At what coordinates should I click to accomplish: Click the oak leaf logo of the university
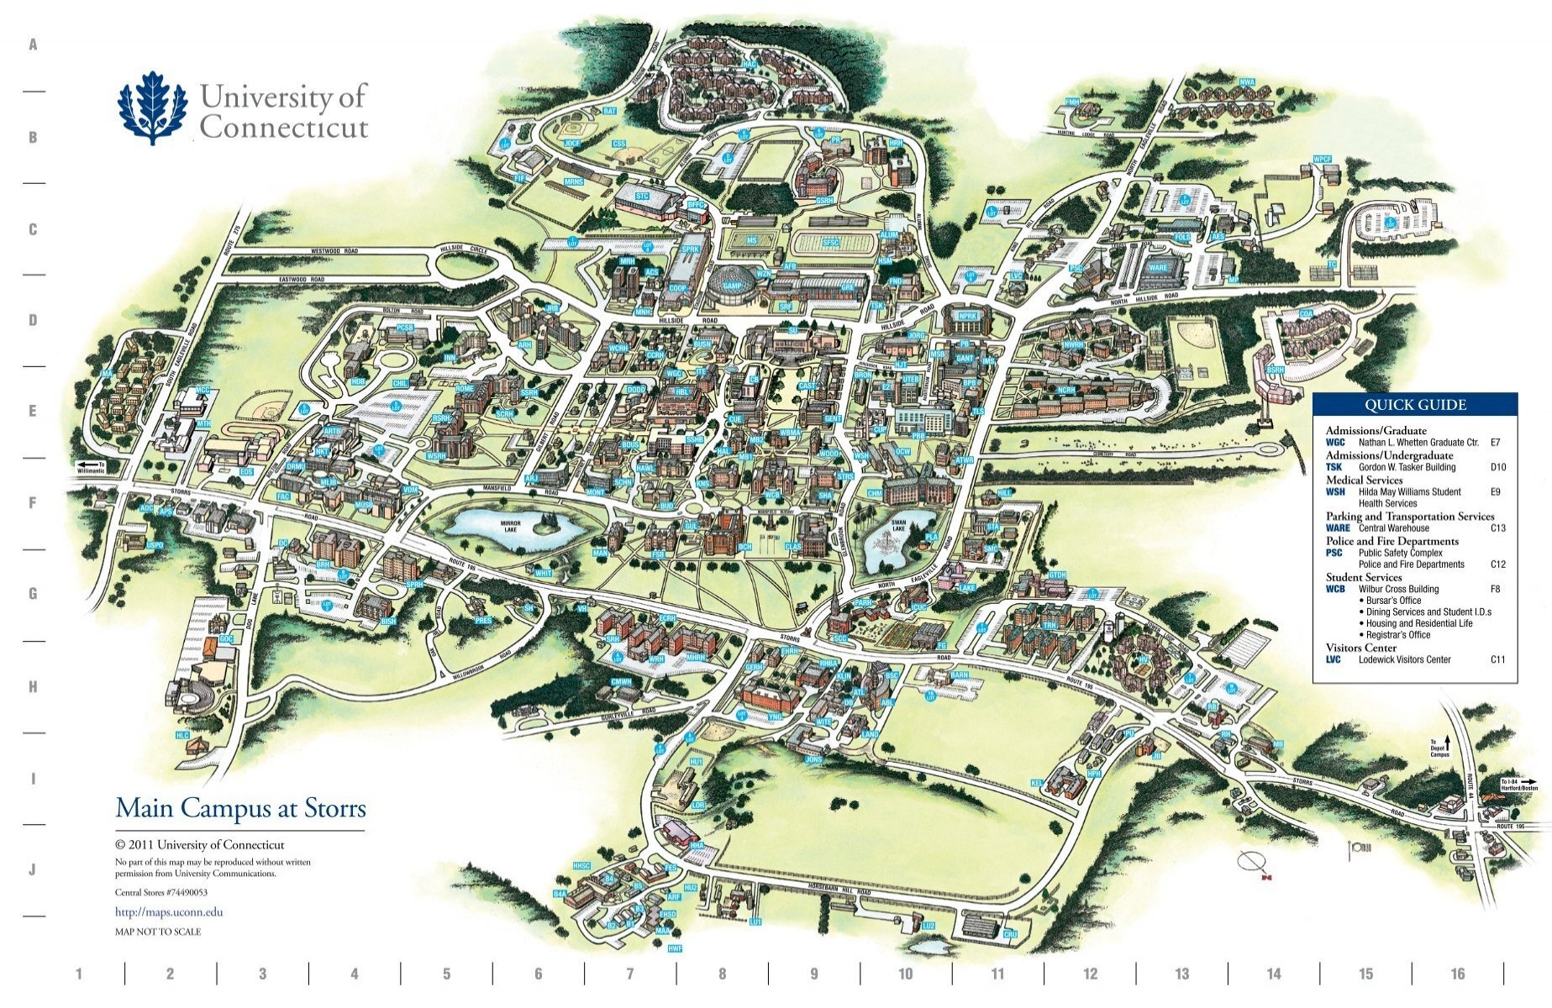coord(152,108)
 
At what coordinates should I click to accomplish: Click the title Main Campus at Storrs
coord(240,808)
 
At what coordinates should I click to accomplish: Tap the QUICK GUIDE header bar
coord(1415,405)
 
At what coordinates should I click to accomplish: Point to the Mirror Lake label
coord(510,527)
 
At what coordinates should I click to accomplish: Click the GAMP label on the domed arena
coord(733,286)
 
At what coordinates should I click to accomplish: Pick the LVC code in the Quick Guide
coord(1334,659)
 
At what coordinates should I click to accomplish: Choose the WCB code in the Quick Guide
coord(1335,589)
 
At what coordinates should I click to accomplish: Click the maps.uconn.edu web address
coord(169,911)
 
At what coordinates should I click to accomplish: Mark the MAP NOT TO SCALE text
coord(158,932)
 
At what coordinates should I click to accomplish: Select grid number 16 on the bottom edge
coord(1457,974)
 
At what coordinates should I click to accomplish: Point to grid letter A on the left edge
coord(34,45)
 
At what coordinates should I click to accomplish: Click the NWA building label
coord(1247,82)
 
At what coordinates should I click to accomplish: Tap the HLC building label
coord(182,735)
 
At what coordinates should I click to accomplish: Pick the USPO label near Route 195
coord(155,545)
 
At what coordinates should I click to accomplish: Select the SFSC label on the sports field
coord(830,243)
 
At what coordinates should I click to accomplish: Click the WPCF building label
coord(1323,159)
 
